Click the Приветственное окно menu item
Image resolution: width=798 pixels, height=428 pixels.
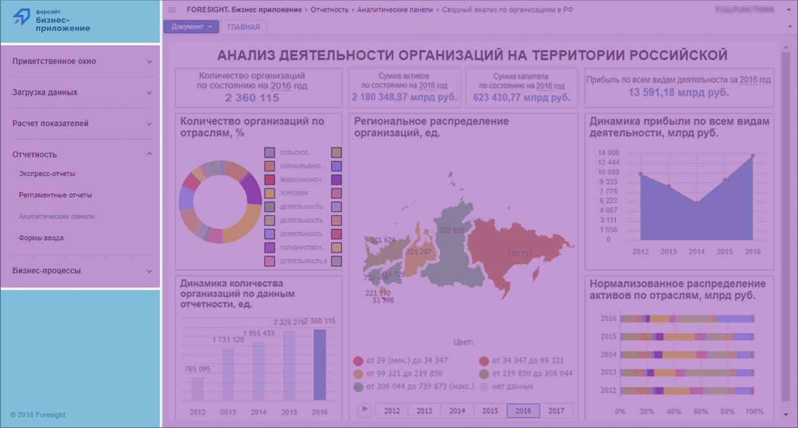[x=54, y=62]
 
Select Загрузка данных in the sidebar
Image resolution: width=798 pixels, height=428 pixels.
[x=45, y=93]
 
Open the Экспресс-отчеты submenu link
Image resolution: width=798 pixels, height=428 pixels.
[x=47, y=174]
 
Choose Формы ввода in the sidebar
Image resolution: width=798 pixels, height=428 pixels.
[x=41, y=238]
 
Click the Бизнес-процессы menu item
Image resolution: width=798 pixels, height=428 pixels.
[x=47, y=271]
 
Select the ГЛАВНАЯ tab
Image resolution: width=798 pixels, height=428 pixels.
[x=243, y=27]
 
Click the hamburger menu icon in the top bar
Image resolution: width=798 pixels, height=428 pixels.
[x=172, y=10]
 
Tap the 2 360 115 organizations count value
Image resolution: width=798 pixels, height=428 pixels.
[x=252, y=98]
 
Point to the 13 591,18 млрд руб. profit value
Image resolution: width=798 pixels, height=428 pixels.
[x=678, y=92]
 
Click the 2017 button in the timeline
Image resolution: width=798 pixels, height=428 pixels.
[x=556, y=411]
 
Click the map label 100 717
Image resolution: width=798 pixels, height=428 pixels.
[x=520, y=253]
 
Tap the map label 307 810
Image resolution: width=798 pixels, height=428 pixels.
[x=451, y=231]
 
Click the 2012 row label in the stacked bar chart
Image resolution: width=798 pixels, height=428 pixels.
[x=608, y=390]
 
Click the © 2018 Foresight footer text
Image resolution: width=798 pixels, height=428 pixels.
[x=38, y=414]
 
